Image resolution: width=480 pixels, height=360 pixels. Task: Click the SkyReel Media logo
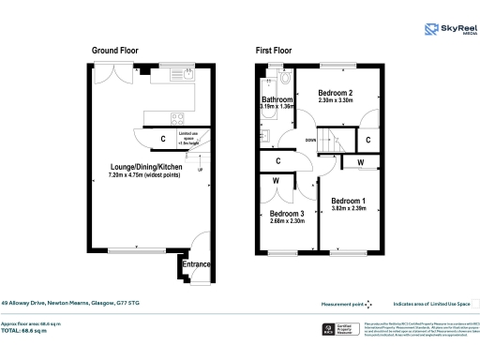448,29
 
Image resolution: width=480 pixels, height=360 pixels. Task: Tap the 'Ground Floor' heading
114,50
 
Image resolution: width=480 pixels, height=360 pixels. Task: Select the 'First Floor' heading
278,50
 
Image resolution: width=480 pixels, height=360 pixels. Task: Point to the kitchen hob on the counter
177,117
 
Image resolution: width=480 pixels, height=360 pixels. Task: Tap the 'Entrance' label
197,265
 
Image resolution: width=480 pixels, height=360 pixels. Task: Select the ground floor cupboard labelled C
164,140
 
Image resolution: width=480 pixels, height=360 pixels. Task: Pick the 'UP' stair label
199,170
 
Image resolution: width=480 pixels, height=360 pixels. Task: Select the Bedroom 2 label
335,93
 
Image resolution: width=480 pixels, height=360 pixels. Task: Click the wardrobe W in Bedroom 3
277,181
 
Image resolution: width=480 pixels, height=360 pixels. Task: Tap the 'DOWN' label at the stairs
310,142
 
